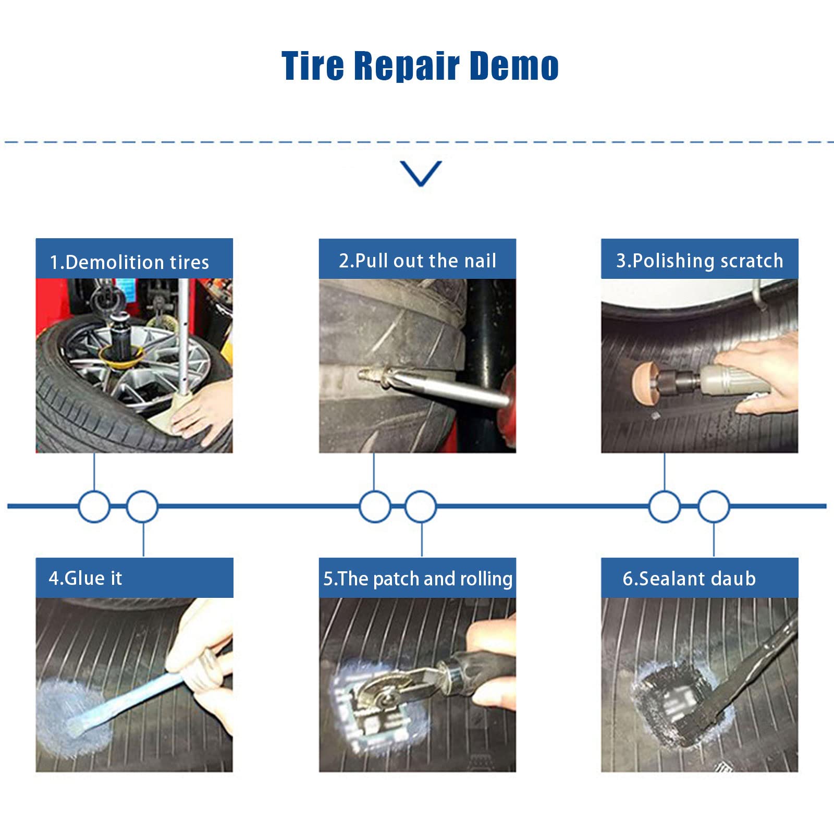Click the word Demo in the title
coord(514,66)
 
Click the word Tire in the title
coord(313,66)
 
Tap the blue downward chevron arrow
coord(421,173)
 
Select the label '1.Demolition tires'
coord(129,262)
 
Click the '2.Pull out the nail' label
coord(418,261)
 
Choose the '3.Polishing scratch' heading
coord(700,261)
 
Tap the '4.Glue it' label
coord(85,578)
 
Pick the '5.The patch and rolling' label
coord(418,579)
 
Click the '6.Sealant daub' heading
coord(689,579)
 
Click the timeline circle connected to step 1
coord(94,506)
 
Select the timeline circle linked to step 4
coord(142,506)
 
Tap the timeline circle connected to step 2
coord(375,506)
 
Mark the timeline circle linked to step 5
coord(421,506)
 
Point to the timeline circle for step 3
coord(665,506)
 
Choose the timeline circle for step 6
coord(714,506)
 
